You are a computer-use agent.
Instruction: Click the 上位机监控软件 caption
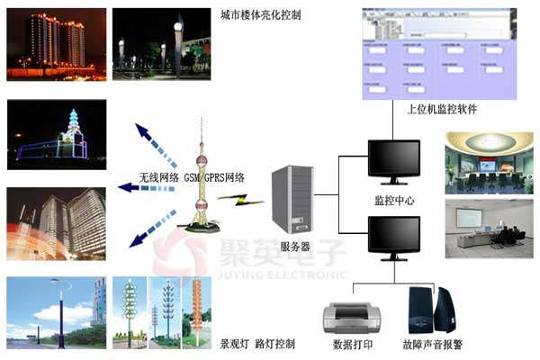click(x=442, y=109)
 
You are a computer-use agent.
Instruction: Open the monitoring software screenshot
click(x=441, y=52)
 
